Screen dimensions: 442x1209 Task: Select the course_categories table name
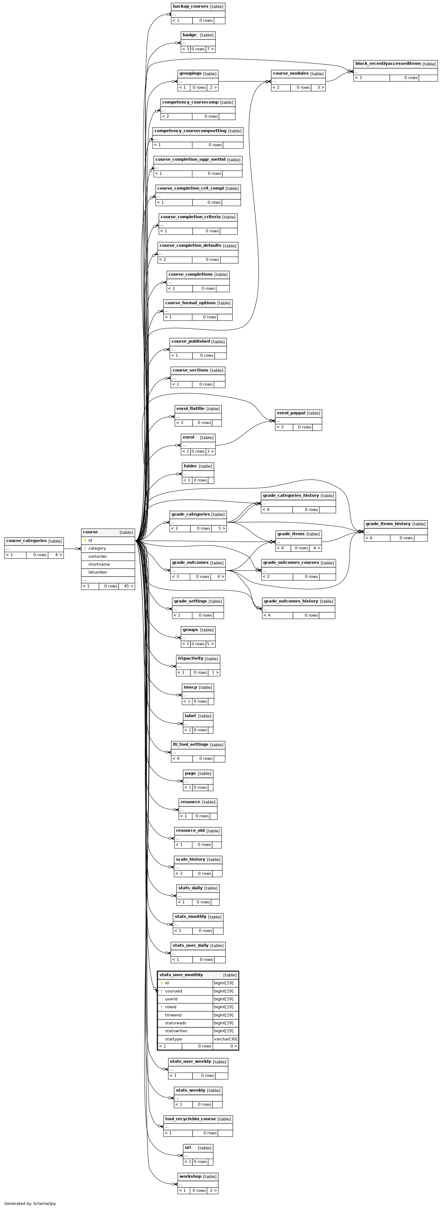coord(26,541)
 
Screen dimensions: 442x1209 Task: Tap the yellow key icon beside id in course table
coord(85,540)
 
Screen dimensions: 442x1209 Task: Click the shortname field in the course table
coord(99,564)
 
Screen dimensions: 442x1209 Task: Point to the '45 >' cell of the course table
coord(126,586)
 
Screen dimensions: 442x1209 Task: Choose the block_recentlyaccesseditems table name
coord(388,63)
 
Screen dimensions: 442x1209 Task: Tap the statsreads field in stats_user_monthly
coord(175,1023)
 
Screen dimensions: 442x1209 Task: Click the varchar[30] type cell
coord(225,1039)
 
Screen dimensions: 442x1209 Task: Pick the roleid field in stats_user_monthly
coord(171,1007)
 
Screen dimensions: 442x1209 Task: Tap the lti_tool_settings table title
coord(190,744)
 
